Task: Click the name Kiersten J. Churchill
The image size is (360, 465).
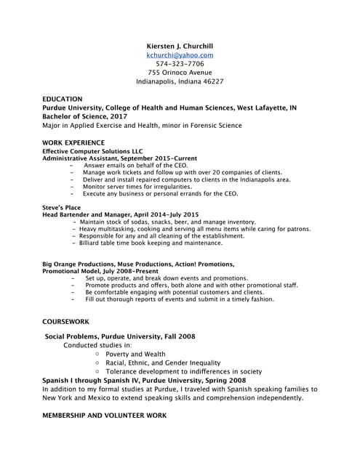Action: (180, 45)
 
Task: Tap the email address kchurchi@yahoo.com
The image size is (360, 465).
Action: (180, 54)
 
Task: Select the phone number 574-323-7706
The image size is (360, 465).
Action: (180, 64)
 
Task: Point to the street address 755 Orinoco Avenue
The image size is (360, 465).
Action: (180, 73)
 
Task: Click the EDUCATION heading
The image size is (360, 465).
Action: (63, 99)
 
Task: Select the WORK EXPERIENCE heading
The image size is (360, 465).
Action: (73, 142)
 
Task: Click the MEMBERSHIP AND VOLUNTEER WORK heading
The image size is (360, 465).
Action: (105, 415)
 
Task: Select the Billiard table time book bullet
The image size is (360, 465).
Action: (151, 243)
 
